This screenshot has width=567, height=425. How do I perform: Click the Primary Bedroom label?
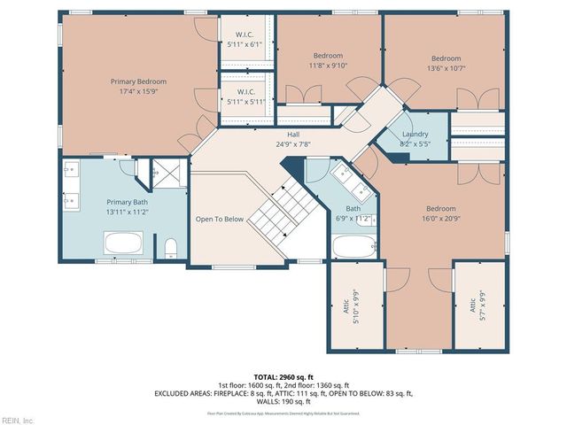[137, 81]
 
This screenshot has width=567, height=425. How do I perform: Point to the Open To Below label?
[220, 219]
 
